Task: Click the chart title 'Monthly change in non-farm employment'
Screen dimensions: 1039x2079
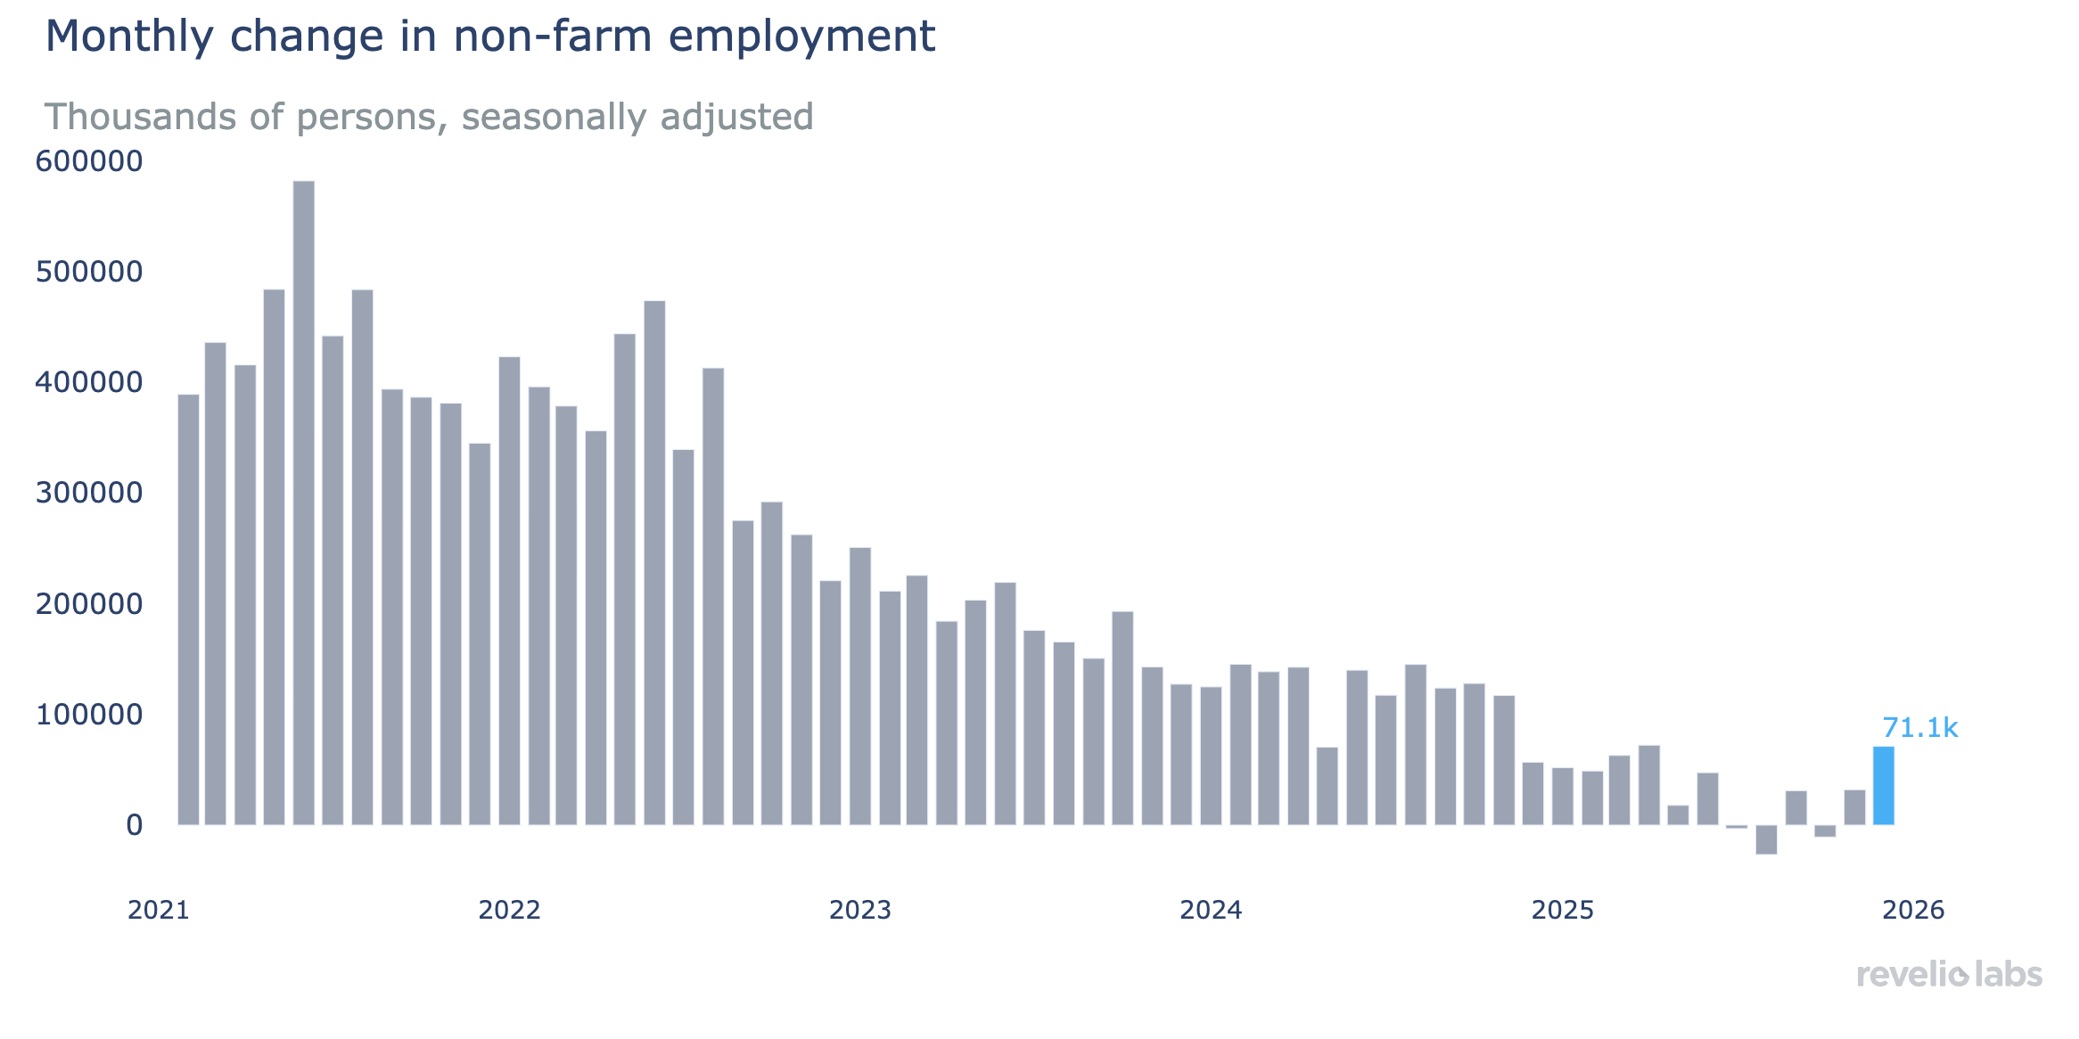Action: pyautogui.click(x=489, y=37)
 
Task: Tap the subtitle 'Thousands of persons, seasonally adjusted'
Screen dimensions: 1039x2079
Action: pyautogui.click(x=429, y=117)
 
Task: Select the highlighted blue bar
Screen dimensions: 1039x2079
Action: pyautogui.click(x=1883, y=786)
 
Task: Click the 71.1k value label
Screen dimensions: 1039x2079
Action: pyautogui.click(x=1919, y=729)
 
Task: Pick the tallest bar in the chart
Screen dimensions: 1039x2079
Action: pyautogui.click(x=303, y=503)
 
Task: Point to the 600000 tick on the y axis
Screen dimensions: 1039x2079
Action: pyautogui.click(x=89, y=161)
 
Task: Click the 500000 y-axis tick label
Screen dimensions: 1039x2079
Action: pyautogui.click(x=89, y=272)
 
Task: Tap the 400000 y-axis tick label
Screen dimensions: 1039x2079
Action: pyautogui.click(x=89, y=382)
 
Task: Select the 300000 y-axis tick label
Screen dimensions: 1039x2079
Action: pyautogui.click(x=89, y=493)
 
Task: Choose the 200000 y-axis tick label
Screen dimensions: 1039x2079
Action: pyautogui.click(x=89, y=604)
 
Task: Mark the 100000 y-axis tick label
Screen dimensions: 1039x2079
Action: pyautogui.click(x=89, y=715)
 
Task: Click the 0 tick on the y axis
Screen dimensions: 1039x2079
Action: pyautogui.click(x=134, y=825)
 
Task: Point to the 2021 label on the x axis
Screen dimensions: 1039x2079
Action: pyautogui.click(x=159, y=910)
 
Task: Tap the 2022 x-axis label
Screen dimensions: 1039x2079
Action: pyautogui.click(x=509, y=910)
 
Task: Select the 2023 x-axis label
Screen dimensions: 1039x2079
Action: pyautogui.click(x=860, y=910)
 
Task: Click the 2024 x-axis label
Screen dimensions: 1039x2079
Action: pyautogui.click(x=1211, y=910)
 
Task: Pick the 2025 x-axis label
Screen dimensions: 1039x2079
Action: pyautogui.click(x=1562, y=910)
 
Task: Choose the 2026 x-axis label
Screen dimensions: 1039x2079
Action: pyautogui.click(x=1913, y=910)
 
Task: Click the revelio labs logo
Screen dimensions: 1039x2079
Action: pyautogui.click(x=1949, y=974)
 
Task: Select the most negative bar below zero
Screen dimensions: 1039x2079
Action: pyautogui.click(x=1766, y=839)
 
